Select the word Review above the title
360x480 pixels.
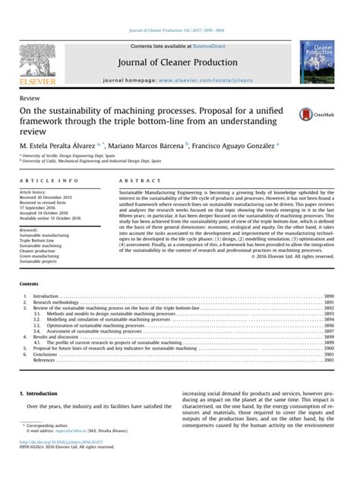coord(29,97)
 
